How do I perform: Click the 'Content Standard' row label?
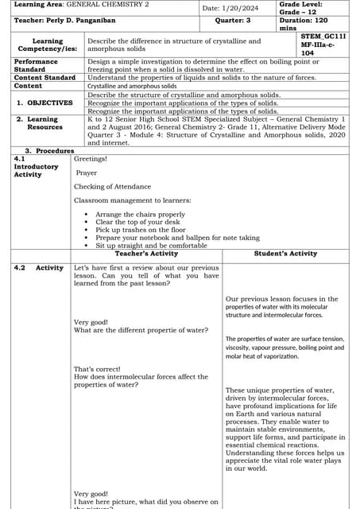coord(45,77)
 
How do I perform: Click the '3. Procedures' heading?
coord(49,150)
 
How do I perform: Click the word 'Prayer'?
coord(87,172)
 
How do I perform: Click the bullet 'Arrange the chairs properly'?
coord(140,215)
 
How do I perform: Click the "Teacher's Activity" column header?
coord(146,254)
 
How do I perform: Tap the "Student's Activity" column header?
coord(285,254)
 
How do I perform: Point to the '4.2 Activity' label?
coord(39,268)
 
